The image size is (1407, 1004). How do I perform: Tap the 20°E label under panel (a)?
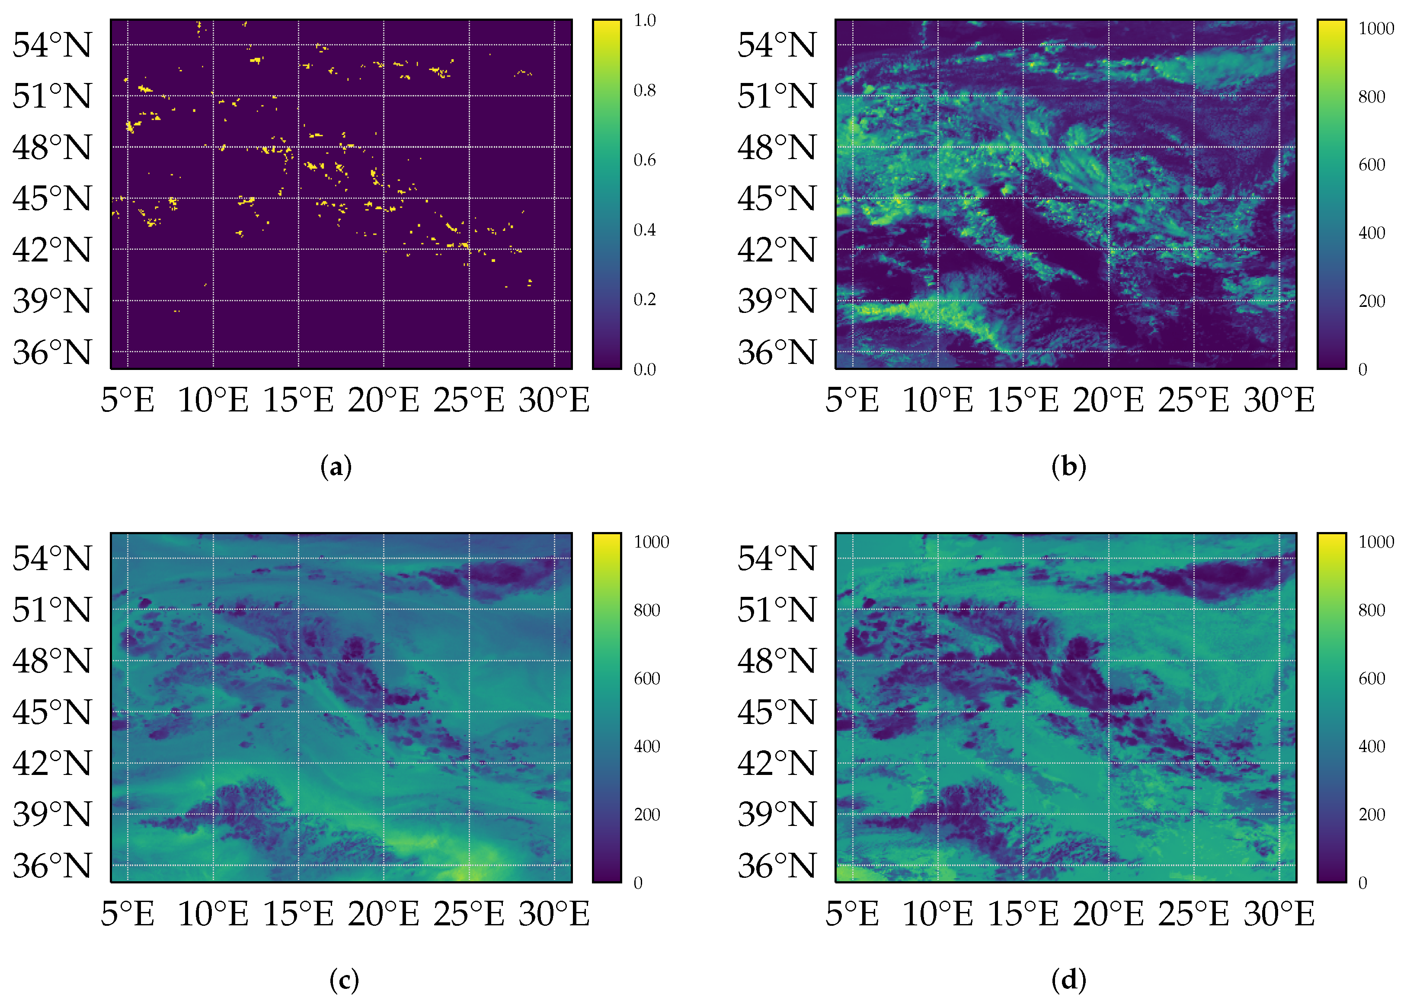pyautogui.click(x=384, y=400)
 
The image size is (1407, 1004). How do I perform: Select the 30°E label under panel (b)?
pyautogui.click(x=1279, y=400)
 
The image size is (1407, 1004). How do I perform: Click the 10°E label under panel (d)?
pyautogui.click(x=937, y=913)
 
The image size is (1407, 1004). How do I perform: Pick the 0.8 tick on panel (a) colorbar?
pyautogui.click(x=644, y=90)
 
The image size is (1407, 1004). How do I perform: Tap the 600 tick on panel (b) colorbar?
pyautogui.click(x=1371, y=164)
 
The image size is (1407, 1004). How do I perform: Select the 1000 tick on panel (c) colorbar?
pyautogui.click(x=651, y=542)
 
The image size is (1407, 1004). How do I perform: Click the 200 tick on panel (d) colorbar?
pyautogui.click(x=1371, y=814)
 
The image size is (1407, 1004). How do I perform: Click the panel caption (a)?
pyautogui.click(x=336, y=467)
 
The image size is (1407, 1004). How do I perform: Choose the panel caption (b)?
pyautogui.click(x=1069, y=467)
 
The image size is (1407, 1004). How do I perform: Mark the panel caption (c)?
pyautogui.click(x=344, y=980)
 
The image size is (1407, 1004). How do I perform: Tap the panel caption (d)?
pyautogui.click(x=1069, y=980)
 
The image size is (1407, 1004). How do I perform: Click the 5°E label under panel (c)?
pyautogui.click(x=128, y=913)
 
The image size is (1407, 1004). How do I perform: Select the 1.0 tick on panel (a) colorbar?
pyautogui.click(x=644, y=20)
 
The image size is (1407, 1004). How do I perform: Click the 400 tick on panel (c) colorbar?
pyautogui.click(x=647, y=746)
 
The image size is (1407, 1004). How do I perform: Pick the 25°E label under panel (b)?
pyautogui.click(x=1194, y=400)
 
